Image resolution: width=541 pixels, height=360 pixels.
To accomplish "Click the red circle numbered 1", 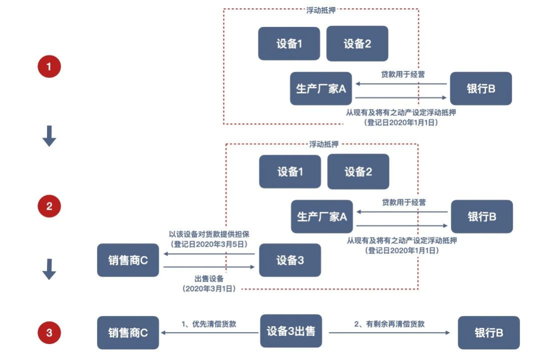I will coord(49,67).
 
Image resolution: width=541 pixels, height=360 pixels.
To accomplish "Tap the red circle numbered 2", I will coord(49,206).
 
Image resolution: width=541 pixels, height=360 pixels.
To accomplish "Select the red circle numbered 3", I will coord(49,332).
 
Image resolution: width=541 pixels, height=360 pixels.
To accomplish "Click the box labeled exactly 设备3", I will coord(290,260).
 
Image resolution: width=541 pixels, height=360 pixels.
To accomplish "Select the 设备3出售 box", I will coord(291,331).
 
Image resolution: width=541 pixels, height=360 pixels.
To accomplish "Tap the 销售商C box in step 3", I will coord(128,332).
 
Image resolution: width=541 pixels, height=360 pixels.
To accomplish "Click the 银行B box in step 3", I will coord(489,332).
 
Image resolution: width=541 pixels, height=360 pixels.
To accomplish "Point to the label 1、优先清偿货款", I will coord(209,324).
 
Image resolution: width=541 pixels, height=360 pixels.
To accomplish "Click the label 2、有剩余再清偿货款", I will coord(389,324).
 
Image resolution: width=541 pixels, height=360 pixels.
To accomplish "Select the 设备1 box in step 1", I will coord(289,44).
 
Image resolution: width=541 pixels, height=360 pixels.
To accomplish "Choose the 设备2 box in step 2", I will coord(358,172).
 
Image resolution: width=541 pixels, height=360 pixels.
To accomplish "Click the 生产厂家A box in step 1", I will coord(321,89).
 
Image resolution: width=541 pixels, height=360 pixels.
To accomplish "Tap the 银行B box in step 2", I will coord(482,216).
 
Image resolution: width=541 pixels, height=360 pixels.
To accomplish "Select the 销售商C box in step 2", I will coord(128,260).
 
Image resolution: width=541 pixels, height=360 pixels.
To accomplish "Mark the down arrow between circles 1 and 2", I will coord(49,136).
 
